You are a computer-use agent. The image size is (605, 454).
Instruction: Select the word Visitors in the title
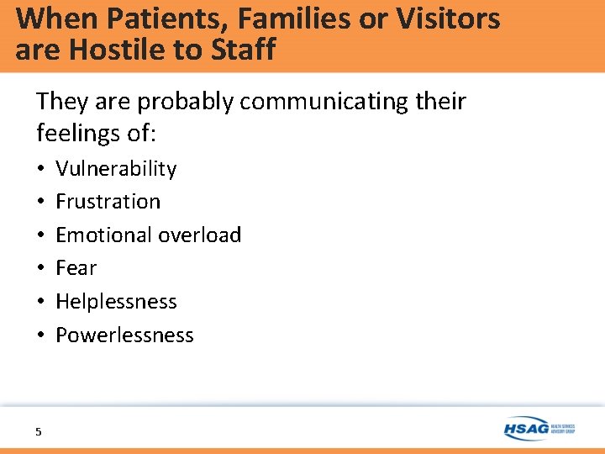(446, 18)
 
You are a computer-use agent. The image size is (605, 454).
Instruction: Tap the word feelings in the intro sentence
(83, 132)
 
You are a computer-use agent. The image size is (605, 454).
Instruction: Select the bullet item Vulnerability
(116, 169)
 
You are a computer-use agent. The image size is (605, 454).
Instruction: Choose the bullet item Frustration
(108, 202)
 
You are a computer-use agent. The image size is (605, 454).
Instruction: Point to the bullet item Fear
(76, 268)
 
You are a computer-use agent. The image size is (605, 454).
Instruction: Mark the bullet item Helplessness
(116, 301)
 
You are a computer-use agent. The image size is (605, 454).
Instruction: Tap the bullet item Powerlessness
(124, 335)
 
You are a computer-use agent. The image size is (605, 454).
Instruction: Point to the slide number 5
(38, 431)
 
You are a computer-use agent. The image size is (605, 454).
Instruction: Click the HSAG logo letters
(527, 428)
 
